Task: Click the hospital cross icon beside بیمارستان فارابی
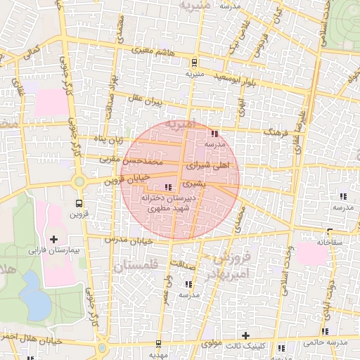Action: [53, 240]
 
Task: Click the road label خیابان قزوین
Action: [108, 180]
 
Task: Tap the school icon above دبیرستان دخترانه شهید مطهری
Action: [167, 187]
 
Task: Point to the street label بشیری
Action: [191, 184]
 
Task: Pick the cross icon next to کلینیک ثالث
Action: [245, 335]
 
